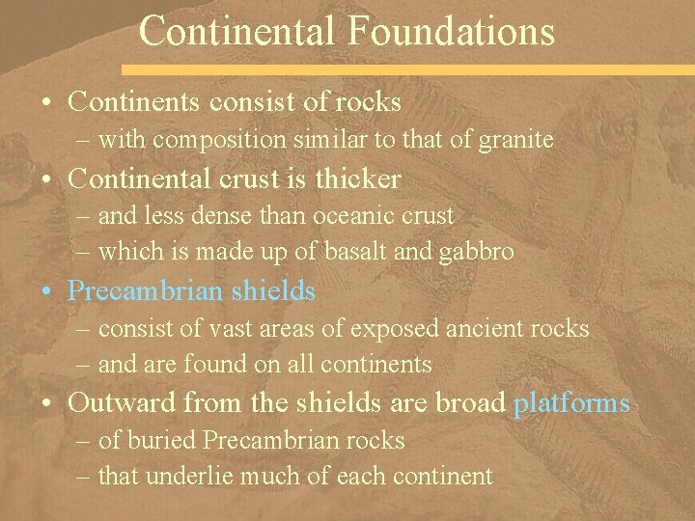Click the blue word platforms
coord(571,402)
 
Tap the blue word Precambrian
coord(146,290)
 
